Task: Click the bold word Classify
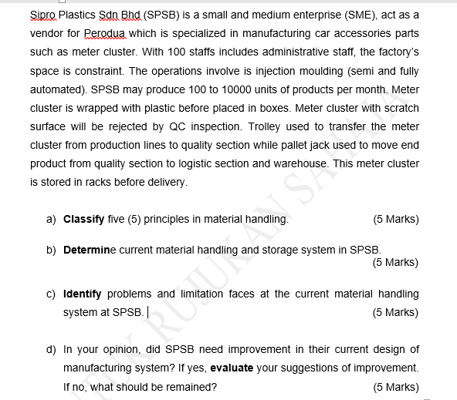83,219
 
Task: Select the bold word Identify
83,294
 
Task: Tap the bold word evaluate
231,368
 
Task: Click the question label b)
51,250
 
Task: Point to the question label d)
51,349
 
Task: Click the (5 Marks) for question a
395,219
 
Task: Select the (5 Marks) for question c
395,312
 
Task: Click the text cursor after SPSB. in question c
147,312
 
